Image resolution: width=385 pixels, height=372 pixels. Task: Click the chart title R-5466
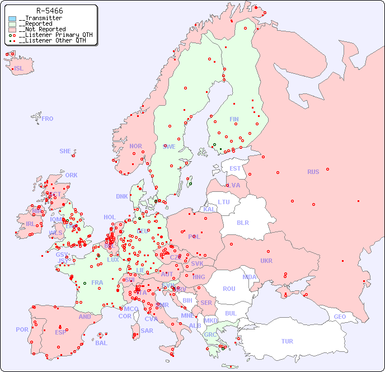pyautogui.click(x=49, y=11)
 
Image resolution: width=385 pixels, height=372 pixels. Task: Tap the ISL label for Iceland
pyautogui.click(x=19, y=69)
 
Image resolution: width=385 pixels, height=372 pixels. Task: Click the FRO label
pyautogui.click(x=48, y=119)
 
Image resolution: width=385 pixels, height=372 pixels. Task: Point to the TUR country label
pyautogui.click(x=287, y=341)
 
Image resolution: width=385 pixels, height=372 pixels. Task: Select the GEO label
pyautogui.click(x=340, y=317)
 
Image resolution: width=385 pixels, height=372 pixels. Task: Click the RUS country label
pyautogui.click(x=313, y=172)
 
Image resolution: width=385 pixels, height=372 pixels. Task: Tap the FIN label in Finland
pyautogui.click(x=234, y=119)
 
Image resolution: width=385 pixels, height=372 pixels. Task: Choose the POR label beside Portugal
pyautogui.click(x=22, y=329)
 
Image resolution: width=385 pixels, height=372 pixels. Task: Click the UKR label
pyautogui.click(x=266, y=261)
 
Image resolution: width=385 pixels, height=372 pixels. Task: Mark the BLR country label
pyautogui.click(x=242, y=222)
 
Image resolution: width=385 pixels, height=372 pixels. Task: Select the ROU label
pyautogui.click(x=229, y=289)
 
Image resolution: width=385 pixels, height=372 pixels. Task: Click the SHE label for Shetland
pyautogui.click(x=65, y=151)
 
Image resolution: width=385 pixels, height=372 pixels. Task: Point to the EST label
pyautogui.click(x=235, y=168)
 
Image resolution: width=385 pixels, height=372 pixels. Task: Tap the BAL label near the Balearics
pyautogui.click(x=101, y=343)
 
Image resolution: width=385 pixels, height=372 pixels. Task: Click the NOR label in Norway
pyautogui.click(x=135, y=146)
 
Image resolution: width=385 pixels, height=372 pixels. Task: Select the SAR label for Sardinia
pyautogui.click(x=147, y=331)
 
